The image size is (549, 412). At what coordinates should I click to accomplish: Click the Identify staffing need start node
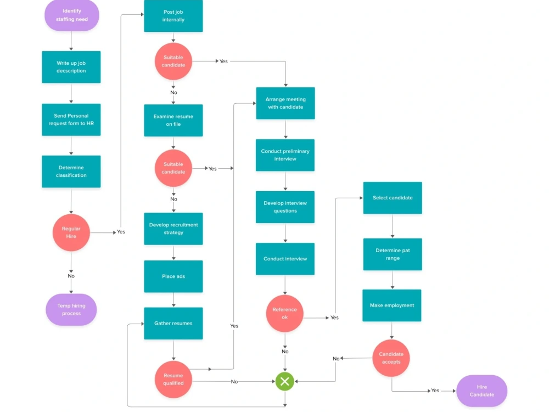pyautogui.click(x=72, y=15)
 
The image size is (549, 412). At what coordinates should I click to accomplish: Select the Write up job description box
pyautogui.click(x=71, y=67)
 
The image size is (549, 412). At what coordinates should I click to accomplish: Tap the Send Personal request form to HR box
pyautogui.click(x=71, y=119)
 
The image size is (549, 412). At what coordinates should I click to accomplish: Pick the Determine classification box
pyautogui.click(x=71, y=171)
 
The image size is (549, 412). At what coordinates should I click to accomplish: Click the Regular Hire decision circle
pyautogui.click(x=71, y=232)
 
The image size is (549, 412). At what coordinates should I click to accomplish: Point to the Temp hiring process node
pyautogui.click(x=71, y=310)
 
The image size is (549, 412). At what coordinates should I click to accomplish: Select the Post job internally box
pyautogui.click(x=173, y=16)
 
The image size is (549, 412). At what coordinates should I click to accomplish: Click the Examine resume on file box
pyautogui.click(x=173, y=120)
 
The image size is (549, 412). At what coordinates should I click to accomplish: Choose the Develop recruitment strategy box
pyautogui.click(x=173, y=229)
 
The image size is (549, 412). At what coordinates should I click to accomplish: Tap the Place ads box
pyautogui.click(x=173, y=276)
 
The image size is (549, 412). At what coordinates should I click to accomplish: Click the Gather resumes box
pyautogui.click(x=173, y=324)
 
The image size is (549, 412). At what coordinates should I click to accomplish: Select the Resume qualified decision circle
pyautogui.click(x=173, y=380)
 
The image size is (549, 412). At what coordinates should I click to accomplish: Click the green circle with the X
pyautogui.click(x=284, y=382)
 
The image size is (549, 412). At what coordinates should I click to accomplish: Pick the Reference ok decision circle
pyautogui.click(x=284, y=314)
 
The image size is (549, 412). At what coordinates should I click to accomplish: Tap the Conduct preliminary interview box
pyautogui.click(x=285, y=155)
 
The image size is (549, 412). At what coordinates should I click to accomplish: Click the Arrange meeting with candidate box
pyautogui.click(x=285, y=103)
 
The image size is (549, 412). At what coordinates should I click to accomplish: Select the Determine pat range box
pyautogui.click(x=393, y=254)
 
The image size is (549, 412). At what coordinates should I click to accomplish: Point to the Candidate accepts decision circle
pyautogui.click(x=391, y=358)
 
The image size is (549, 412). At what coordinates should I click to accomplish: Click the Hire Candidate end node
pyautogui.click(x=482, y=391)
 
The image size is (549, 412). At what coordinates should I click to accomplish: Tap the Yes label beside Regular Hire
pyautogui.click(x=121, y=232)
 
